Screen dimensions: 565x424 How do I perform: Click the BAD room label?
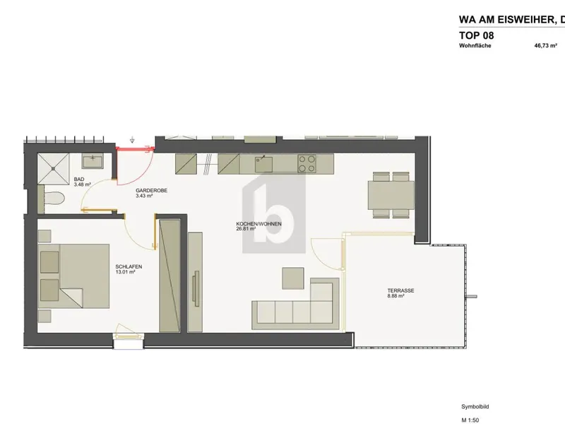coord(79,179)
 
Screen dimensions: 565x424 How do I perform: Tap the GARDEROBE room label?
coord(151,190)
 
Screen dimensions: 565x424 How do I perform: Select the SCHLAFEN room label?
coord(129,267)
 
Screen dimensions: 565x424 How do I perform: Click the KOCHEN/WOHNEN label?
coord(258,224)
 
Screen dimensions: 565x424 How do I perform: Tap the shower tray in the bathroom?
coord(54,168)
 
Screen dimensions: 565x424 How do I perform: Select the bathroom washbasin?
coord(93,161)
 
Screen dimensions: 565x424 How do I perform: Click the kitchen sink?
coord(264,164)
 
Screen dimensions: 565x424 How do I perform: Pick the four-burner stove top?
coord(307,164)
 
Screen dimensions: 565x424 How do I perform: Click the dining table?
coord(391,195)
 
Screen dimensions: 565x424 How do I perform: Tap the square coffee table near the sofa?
coord(293,278)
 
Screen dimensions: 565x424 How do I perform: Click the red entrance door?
coord(134,148)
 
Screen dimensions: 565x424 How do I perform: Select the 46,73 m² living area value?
coord(545,46)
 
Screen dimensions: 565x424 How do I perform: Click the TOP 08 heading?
coord(476,35)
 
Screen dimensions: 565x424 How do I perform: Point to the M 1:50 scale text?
coord(470,420)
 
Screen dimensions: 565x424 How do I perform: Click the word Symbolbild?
coord(475,407)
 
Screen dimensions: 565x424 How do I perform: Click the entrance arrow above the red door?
coord(132,140)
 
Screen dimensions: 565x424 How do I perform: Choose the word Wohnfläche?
coord(475,46)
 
